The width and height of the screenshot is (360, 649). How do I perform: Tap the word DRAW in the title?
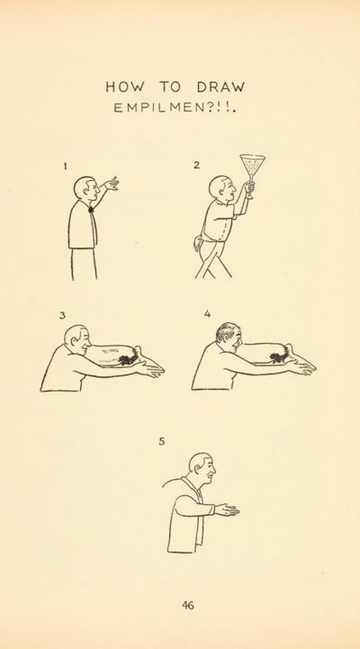(x=221, y=87)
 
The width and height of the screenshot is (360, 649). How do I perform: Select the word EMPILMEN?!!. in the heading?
(x=175, y=108)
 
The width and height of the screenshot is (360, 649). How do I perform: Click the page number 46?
(x=188, y=605)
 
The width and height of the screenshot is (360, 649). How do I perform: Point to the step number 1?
(x=65, y=167)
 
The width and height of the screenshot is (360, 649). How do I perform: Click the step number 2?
(x=196, y=165)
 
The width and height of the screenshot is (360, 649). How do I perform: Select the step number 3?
(x=62, y=315)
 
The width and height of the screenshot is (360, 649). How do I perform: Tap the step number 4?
(x=207, y=314)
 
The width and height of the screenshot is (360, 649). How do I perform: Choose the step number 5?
(x=162, y=442)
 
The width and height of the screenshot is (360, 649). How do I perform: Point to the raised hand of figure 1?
(x=112, y=184)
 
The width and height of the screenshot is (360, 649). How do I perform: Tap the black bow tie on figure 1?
(x=91, y=210)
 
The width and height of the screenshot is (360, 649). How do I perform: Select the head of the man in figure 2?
(x=222, y=188)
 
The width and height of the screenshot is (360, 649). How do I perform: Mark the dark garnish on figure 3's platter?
(x=129, y=357)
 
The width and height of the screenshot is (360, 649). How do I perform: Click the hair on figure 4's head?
(x=226, y=331)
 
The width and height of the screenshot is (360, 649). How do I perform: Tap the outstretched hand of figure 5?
(x=227, y=509)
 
